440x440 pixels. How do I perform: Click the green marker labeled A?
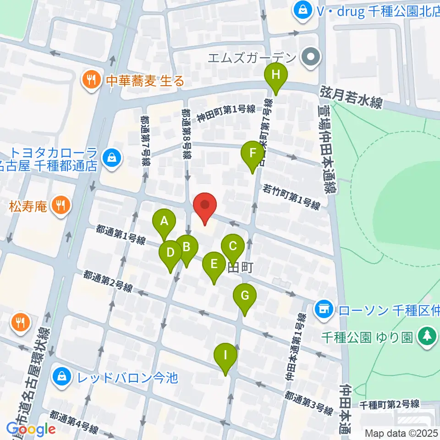pos(164,222)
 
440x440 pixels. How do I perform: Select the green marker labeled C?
pos(232,247)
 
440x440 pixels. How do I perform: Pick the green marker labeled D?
pos(170,253)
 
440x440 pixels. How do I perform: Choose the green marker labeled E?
pos(214,264)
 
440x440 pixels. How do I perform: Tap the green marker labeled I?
pos(225,355)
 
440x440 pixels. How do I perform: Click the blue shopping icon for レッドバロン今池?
pos(61,378)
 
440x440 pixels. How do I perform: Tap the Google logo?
pos(31,429)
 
